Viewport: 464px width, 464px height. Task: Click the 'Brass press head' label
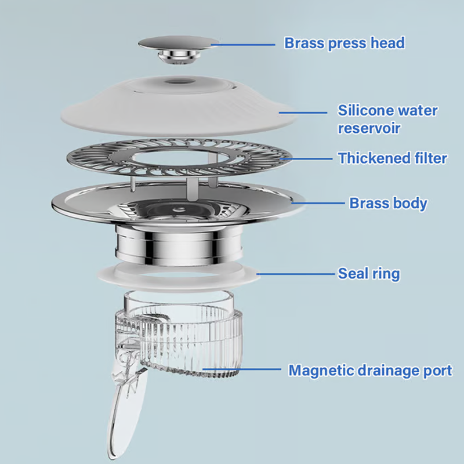click(344, 43)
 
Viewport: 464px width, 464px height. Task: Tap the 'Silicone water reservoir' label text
click(387, 119)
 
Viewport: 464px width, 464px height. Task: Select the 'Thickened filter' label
click(393, 158)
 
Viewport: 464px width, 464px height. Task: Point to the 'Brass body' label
click(388, 204)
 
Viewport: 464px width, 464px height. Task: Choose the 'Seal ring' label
click(369, 274)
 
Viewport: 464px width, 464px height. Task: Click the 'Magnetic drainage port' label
click(370, 371)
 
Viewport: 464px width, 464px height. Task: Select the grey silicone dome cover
click(179, 105)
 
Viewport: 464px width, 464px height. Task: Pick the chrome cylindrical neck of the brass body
click(179, 244)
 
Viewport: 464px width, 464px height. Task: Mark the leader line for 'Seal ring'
click(295, 274)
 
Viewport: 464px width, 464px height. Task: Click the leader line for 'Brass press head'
click(242, 45)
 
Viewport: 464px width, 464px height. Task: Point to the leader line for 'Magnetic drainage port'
click(241, 369)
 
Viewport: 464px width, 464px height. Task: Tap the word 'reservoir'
click(369, 128)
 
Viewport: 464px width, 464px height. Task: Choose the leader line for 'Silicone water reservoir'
click(303, 113)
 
